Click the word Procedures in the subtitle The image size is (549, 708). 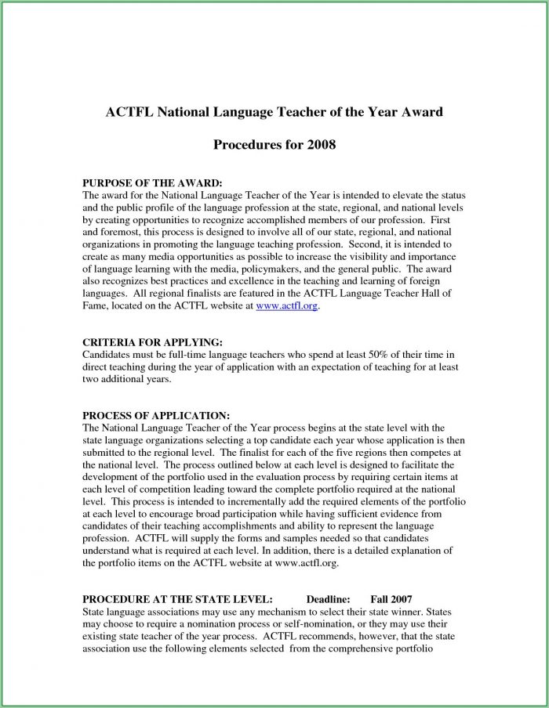(x=247, y=146)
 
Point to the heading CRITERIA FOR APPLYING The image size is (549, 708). (x=152, y=342)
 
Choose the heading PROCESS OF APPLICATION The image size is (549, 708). (x=155, y=414)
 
